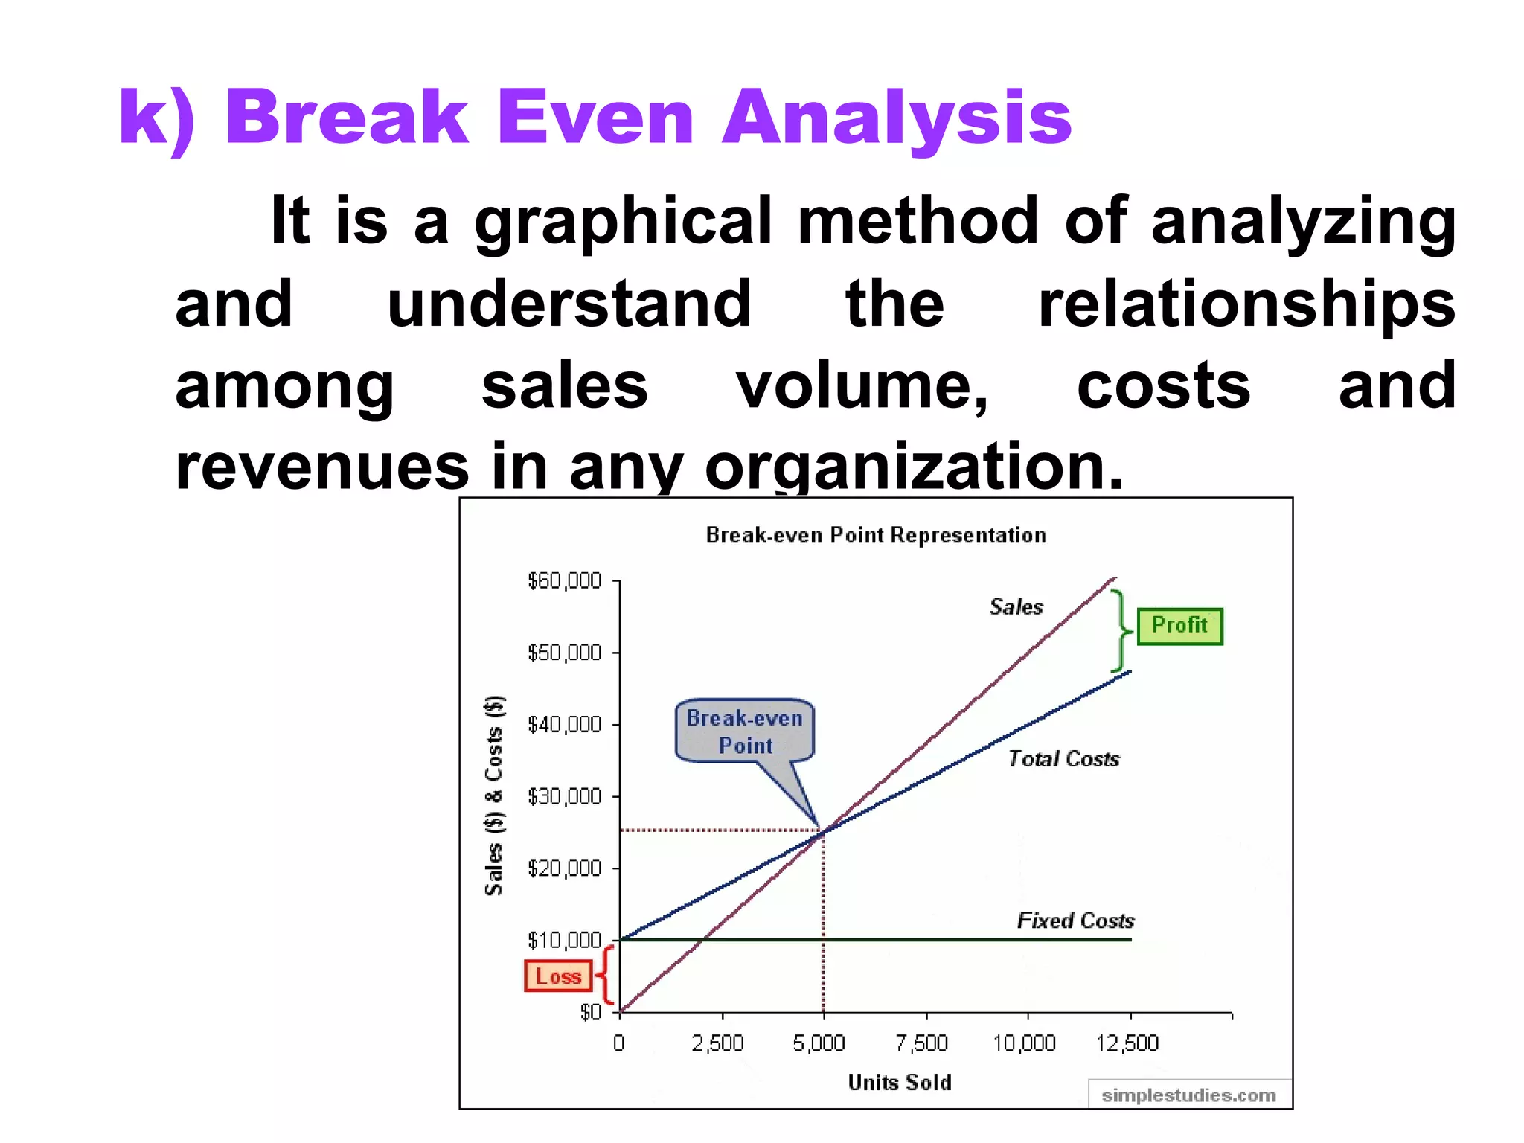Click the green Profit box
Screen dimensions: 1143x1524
point(1179,626)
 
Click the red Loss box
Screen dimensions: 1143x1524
point(558,976)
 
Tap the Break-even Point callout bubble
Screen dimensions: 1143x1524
point(744,731)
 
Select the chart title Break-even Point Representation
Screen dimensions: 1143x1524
point(876,535)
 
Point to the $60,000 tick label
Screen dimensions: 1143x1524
point(564,581)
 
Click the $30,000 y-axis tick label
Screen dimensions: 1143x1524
point(564,797)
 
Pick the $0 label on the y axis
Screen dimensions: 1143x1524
point(590,1012)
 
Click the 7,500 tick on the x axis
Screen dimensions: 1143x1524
point(922,1043)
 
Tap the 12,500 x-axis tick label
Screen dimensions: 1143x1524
point(1127,1043)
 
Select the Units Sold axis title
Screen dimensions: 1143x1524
point(900,1083)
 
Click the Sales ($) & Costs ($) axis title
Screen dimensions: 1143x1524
point(494,795)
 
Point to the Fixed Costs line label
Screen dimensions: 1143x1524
point(1075,921)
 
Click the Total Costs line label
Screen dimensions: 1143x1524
point(1063,759)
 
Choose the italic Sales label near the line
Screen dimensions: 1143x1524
point(1016,607)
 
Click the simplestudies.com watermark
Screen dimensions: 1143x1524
point(1188,1095)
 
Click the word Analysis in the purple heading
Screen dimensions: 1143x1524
point(897,118)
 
